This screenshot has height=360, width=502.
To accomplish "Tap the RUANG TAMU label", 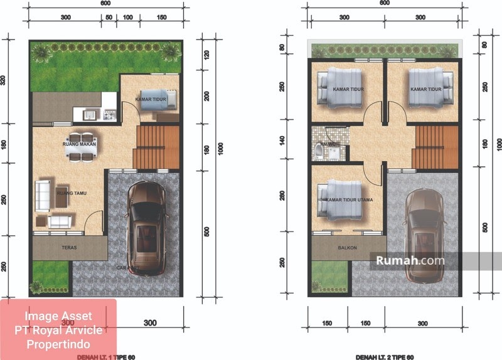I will (x=70, y=193).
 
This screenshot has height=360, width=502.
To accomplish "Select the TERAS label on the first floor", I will (x=69, y=248).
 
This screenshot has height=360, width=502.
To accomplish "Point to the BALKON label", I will (x=347, y=248).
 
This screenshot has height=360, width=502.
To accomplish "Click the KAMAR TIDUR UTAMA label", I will (x=350, y=199).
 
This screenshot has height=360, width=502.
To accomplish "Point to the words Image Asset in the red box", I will (x=58, y=315).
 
